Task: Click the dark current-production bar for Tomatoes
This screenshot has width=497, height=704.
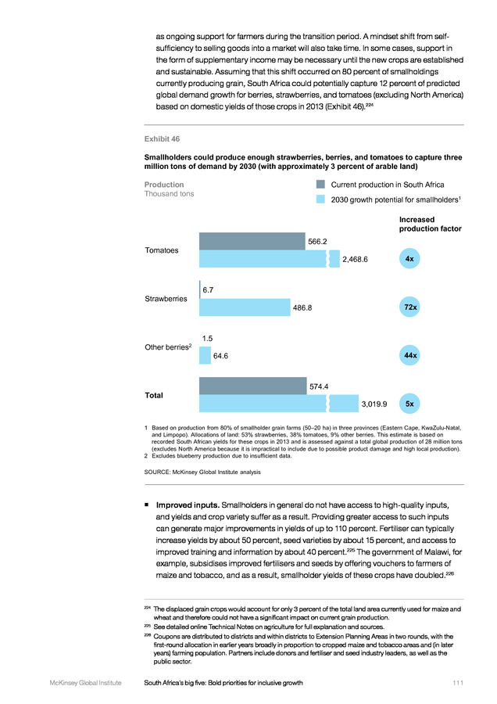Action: [252, 241]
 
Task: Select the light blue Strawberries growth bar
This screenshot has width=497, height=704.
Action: [245, 307]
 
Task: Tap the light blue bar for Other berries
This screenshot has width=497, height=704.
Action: [205, 356]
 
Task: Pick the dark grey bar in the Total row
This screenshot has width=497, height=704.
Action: [253, 386]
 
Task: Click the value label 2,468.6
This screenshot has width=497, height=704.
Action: [355, 260]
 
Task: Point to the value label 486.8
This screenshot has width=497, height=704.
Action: [302, 308]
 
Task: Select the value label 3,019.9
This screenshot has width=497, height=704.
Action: [374, 404]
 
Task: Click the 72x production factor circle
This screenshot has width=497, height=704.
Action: [409, 307]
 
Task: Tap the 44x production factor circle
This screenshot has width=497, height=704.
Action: [409, 356]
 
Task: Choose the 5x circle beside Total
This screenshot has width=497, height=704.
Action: [409, 404]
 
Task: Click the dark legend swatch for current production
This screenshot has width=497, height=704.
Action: [320, 184]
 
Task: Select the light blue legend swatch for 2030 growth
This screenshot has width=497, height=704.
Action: [320, 199]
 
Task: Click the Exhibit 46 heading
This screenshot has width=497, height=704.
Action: [162, 139]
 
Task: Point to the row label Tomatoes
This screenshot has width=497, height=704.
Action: [162, 250]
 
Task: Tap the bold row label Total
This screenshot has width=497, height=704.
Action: [154, 396]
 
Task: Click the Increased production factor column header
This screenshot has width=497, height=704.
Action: [430, 224]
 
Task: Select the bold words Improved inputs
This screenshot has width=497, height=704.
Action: [188, 505]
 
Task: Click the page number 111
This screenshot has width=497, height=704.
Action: [458, 683]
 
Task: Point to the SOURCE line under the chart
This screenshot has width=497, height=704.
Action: [202, 472]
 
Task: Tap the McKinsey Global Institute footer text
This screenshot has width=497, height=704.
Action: [86, 683]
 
